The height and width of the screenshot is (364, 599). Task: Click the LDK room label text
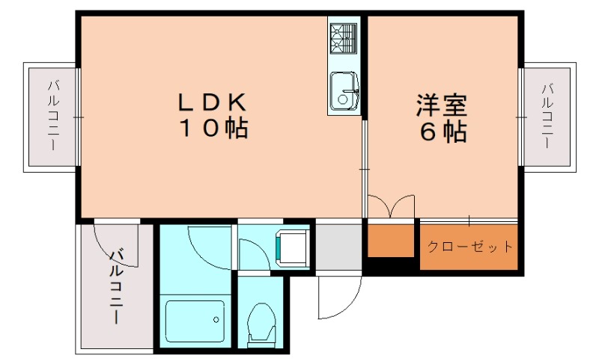tap(212, 100)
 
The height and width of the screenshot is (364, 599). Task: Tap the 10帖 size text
tap(213, 129)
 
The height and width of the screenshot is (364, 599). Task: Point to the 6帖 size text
tap(443, 132)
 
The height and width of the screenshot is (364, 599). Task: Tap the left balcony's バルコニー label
tap(53, 115)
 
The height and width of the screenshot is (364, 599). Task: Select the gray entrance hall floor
tap(338, 246)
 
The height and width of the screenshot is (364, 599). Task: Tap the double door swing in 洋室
tap(390, 206)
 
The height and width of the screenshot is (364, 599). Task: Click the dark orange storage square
tap(390, 240)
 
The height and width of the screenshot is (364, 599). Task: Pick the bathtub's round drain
tap(216, 320)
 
